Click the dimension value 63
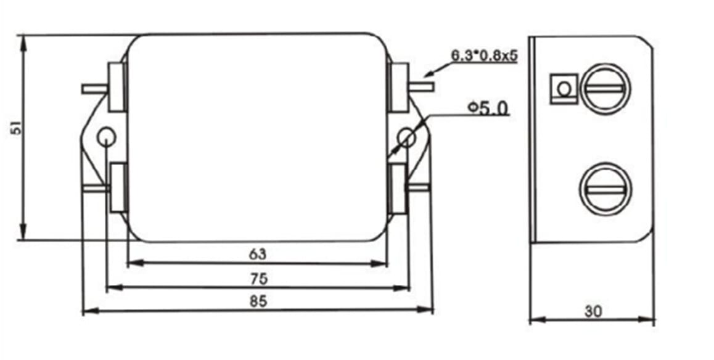(x=257, y=255)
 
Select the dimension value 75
(x=258, y=279)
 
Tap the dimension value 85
(x=258, y=301)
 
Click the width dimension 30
(x=593, y=311)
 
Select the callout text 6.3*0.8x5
(x=484, y=56)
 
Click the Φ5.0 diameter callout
(x=488, y=108)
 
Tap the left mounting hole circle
(x=106, y=136)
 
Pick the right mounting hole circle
(x=406, y=137)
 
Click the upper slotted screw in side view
(x=605, y=89)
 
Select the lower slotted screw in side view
(x=604, y=189)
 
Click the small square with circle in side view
(x=564, y=89)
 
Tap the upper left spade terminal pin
(x=95, y=89)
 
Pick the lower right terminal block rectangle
(x=398, y=189)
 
